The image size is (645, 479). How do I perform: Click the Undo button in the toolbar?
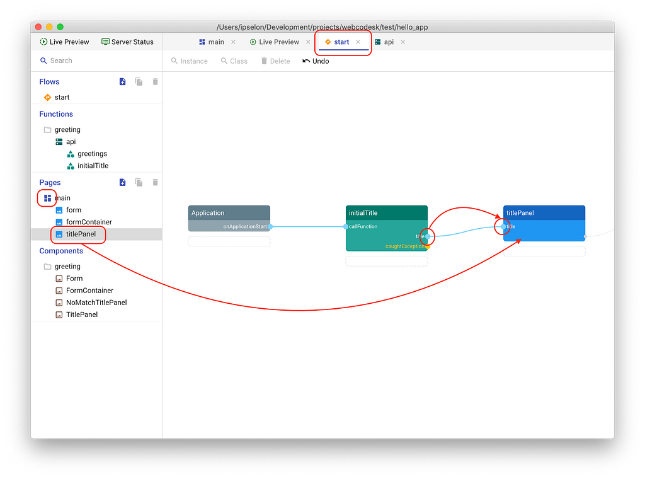tap(316, 61)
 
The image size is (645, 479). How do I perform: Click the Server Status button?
tap(127, 42)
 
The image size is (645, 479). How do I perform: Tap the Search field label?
tap(61, 61)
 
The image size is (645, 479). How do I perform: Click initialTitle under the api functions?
tap(93, 165)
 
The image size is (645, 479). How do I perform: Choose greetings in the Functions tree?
tap(92, 154)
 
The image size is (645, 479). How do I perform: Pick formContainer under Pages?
tap(89, 222)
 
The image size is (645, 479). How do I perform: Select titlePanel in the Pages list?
tap(81, 234)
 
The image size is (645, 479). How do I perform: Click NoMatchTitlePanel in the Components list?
tap(96, 303)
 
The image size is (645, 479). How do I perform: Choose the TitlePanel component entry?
tap(82, 315)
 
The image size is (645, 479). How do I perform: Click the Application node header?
tap(229, 213)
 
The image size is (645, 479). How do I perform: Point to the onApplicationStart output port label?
tap(245, 226)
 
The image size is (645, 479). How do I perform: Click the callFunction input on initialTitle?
tap(363, 226)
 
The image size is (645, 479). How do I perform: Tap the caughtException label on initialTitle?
tap(405, 246)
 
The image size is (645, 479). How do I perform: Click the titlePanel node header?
tap(544, 213)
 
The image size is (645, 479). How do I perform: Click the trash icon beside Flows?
tap(155, 81)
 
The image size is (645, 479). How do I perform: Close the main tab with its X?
tap(233, 42)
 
